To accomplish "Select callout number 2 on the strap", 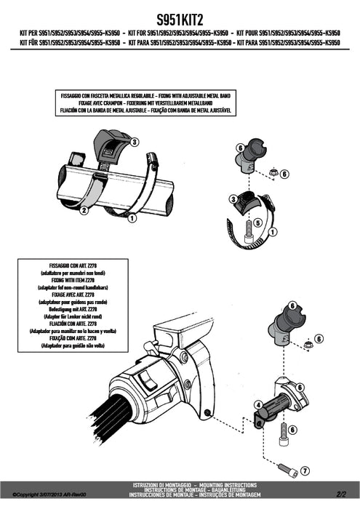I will pyautogui.click(x=84, y=210).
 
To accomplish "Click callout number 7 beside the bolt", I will pyautogui.click(x=305, y=470).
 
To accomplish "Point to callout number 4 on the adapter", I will pyautogui.click(x=257, y=403).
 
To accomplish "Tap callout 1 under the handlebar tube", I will pyautogui.click(x=132, y=217).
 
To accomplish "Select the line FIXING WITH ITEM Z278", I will pyautogui.click(x=71, y=284).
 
